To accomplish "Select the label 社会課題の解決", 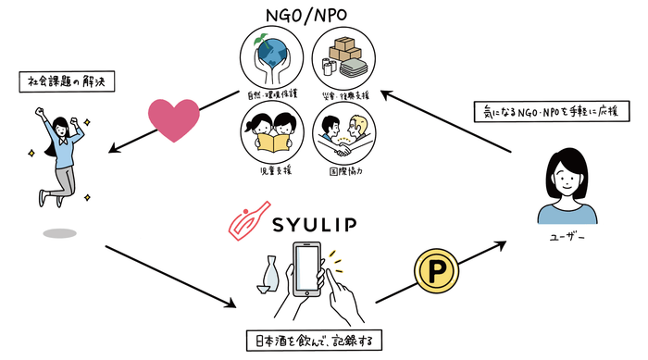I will click(x=63, y=81).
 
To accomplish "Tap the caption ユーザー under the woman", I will click(x=566, y=238).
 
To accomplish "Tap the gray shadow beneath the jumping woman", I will click(x=60, y=233).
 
